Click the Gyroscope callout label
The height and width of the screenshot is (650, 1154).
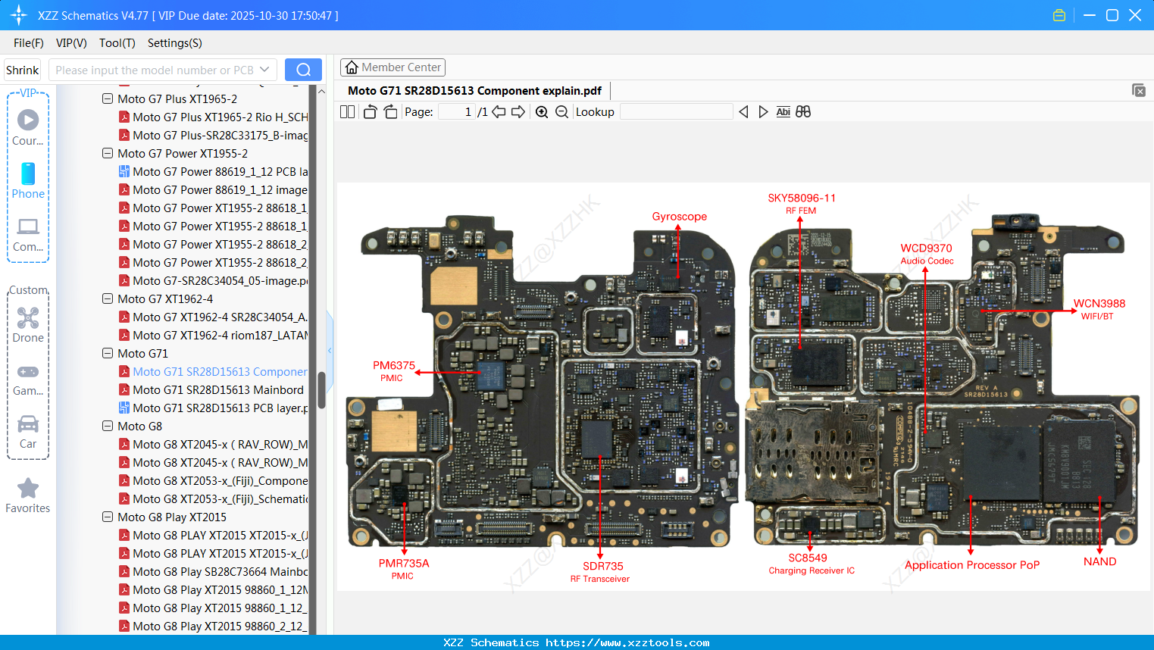679,217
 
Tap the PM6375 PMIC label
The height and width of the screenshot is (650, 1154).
393,370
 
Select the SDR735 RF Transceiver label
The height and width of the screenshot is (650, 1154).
602,571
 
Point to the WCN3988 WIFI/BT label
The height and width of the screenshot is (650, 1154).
1099,308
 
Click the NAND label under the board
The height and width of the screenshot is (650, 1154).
1099,561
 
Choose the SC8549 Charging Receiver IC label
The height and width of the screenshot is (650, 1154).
810,564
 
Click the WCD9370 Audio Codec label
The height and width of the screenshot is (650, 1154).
926,253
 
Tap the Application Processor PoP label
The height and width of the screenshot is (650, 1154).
971,565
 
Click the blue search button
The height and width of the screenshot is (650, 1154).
303,70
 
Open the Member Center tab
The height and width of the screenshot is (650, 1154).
392,67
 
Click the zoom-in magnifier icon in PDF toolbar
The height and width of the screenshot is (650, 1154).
542,112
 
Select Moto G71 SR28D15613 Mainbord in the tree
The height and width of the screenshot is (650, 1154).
217,390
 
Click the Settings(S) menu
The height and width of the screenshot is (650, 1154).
174,43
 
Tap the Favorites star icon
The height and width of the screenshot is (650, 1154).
28,489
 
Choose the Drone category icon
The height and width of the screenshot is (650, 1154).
28,318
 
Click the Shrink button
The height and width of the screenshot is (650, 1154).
23,70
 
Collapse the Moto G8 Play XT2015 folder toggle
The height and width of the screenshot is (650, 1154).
108,517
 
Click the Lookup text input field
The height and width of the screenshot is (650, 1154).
676,112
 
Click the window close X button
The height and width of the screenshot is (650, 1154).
1134,15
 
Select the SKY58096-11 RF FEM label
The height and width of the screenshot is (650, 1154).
801,203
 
